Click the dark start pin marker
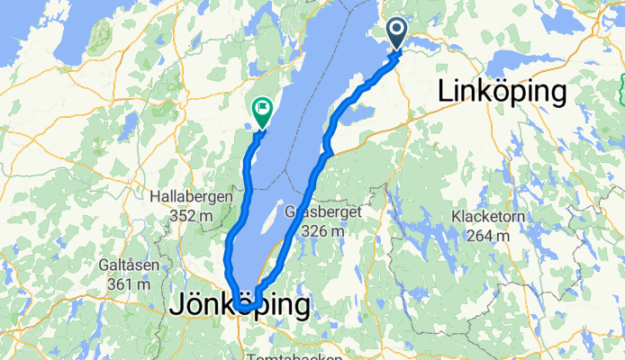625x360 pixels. tap(399, 33)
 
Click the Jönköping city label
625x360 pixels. tap(240, 305)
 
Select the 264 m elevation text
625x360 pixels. tap(491, 236)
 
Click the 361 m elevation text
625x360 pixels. tap(126, 284)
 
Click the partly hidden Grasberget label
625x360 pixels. tap(315, 212)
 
